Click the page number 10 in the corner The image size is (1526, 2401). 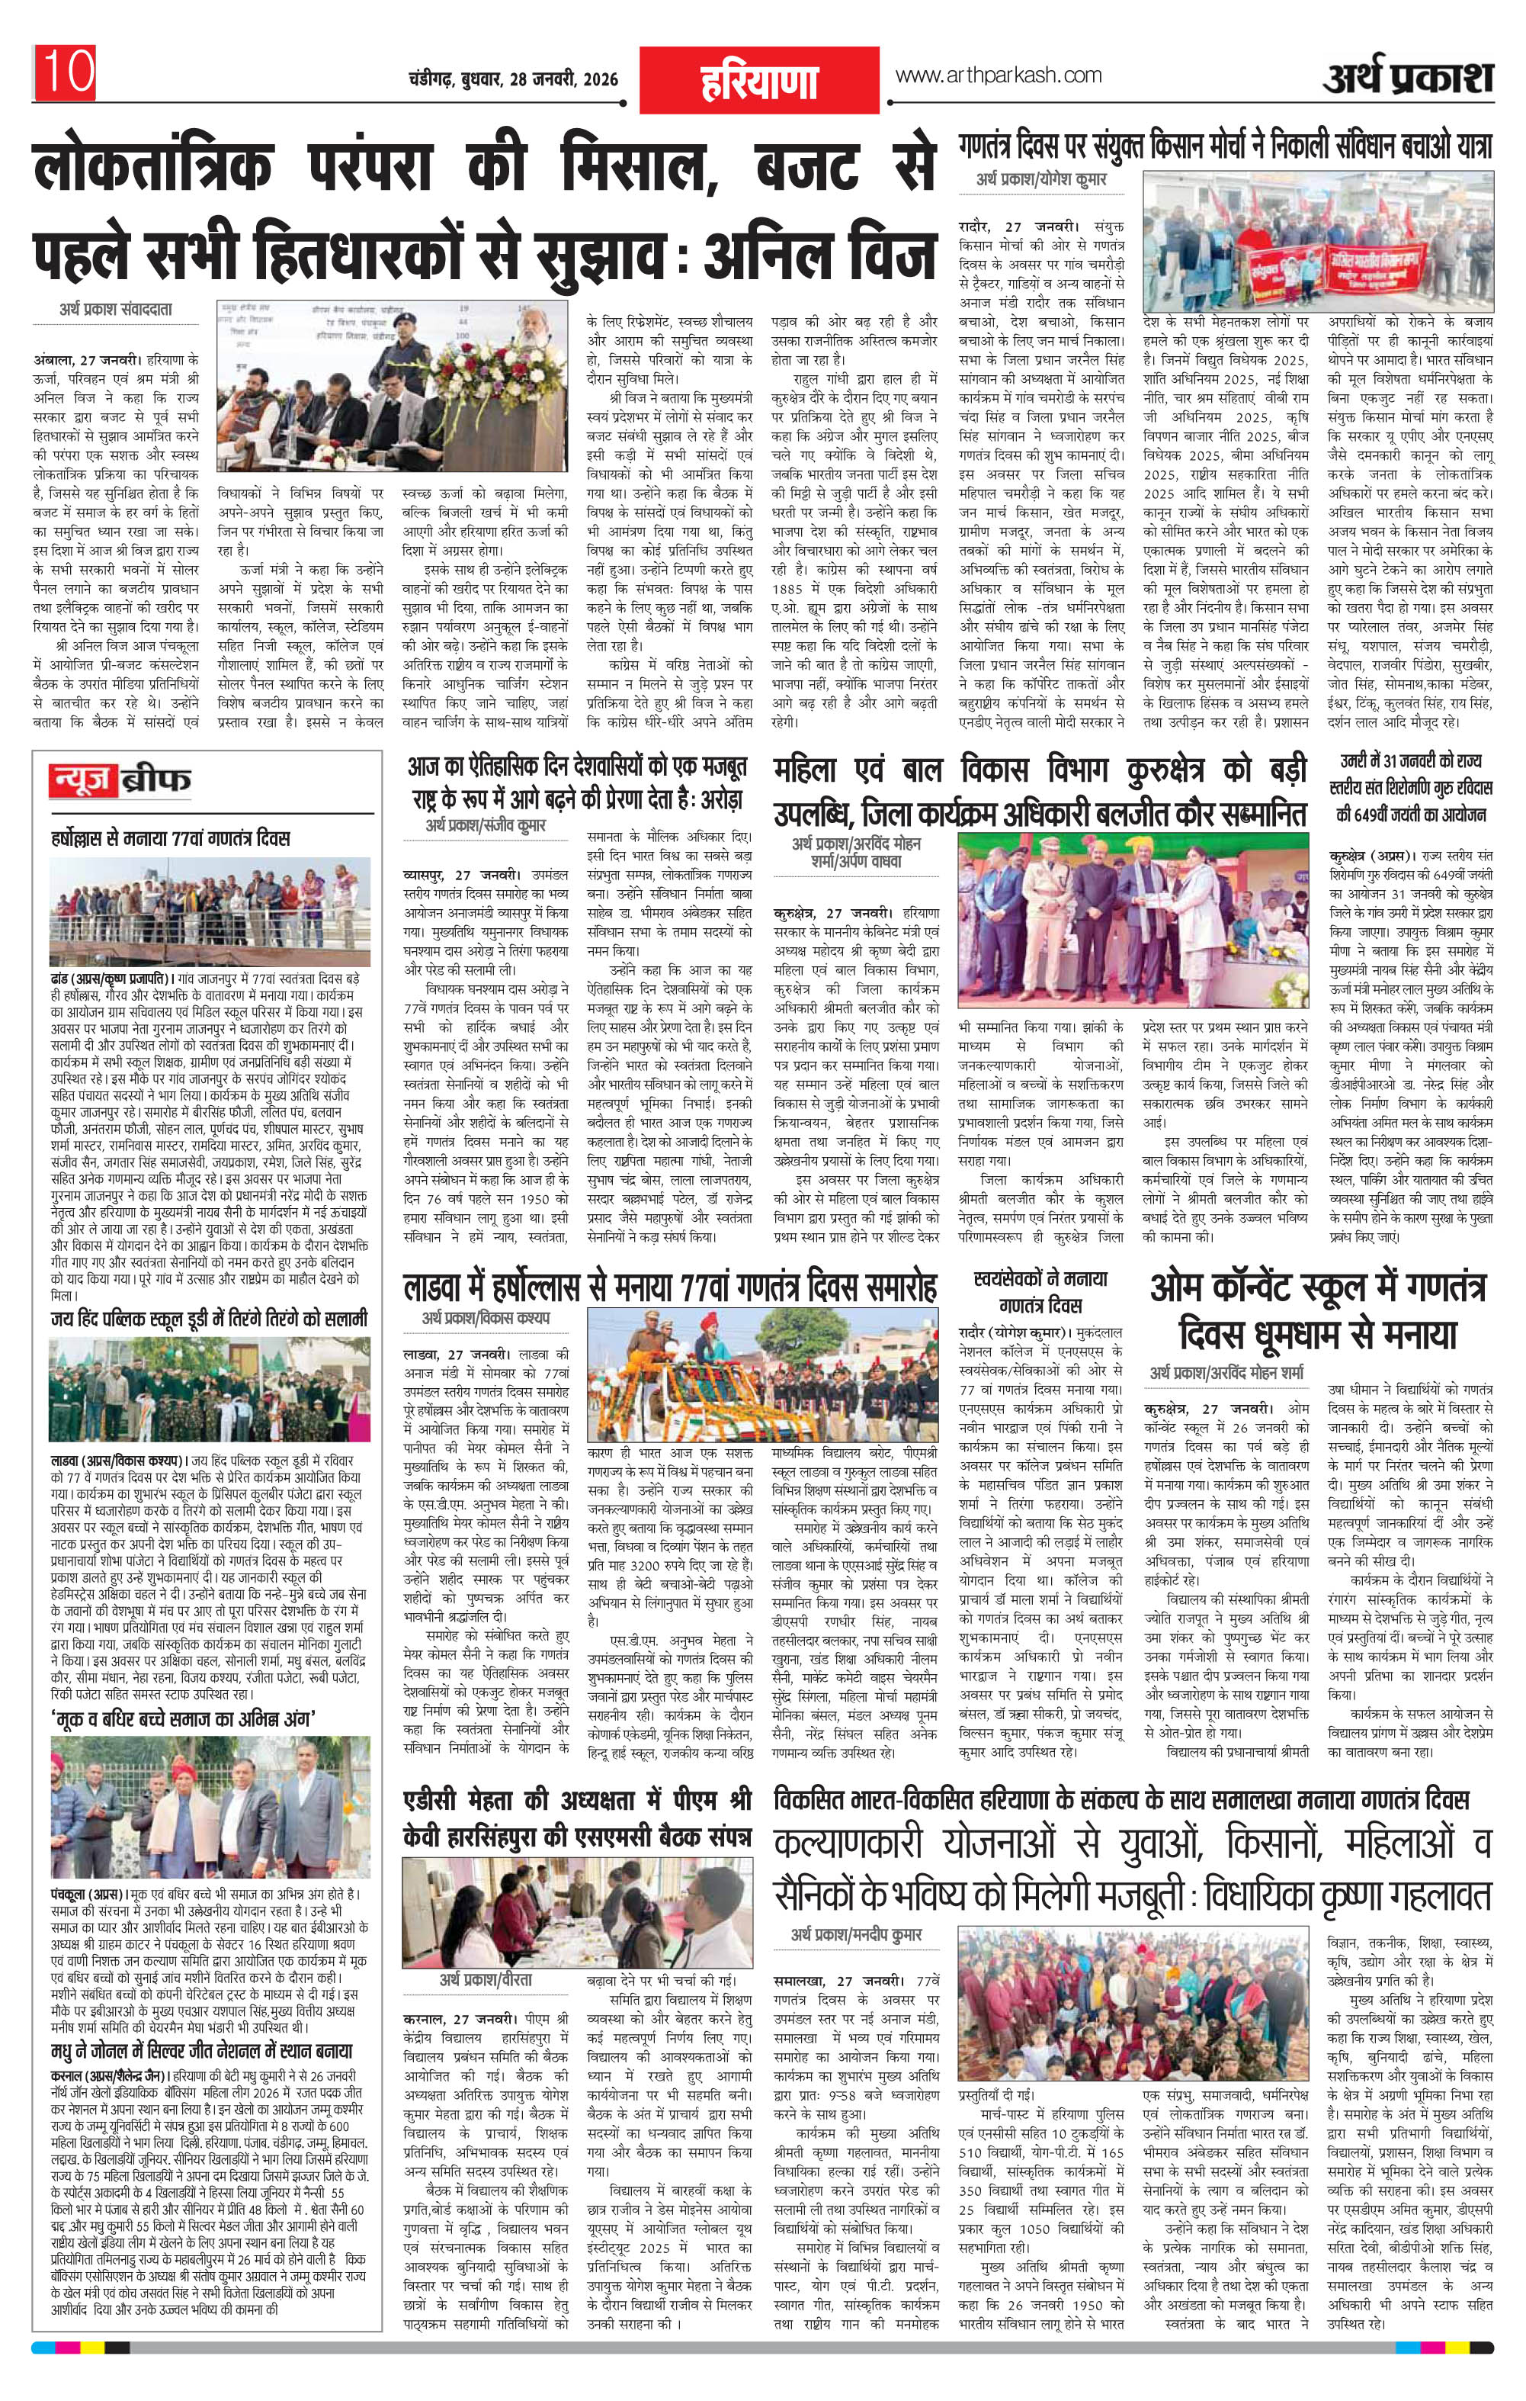pos(68,72)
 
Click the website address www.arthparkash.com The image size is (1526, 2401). pos(999,76)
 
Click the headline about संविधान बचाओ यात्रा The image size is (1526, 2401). pos(1226,146)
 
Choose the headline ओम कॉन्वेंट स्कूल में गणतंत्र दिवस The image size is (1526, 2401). pos(1318,1307)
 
